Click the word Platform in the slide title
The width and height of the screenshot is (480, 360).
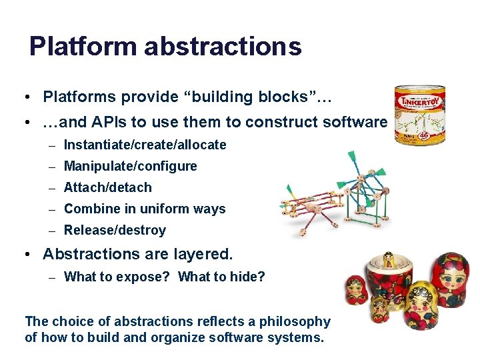click(83, 47)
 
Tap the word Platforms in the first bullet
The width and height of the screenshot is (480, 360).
click(79, 97)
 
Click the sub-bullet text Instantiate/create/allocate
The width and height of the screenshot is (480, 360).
click(145, 145)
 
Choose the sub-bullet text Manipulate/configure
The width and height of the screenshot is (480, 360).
click(130, 166)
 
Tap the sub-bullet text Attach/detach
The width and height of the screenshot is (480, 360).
click(107, 187)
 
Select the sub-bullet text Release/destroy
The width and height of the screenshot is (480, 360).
click(115, 230)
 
